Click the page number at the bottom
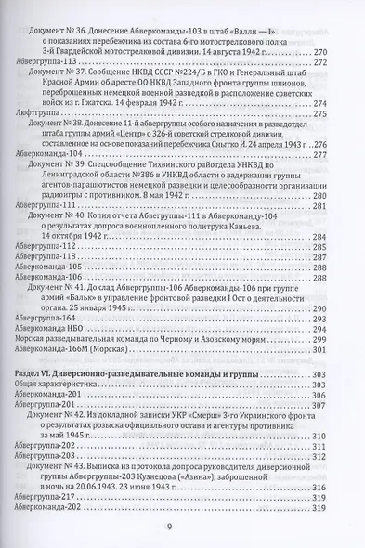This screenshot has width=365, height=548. [182, 528]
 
